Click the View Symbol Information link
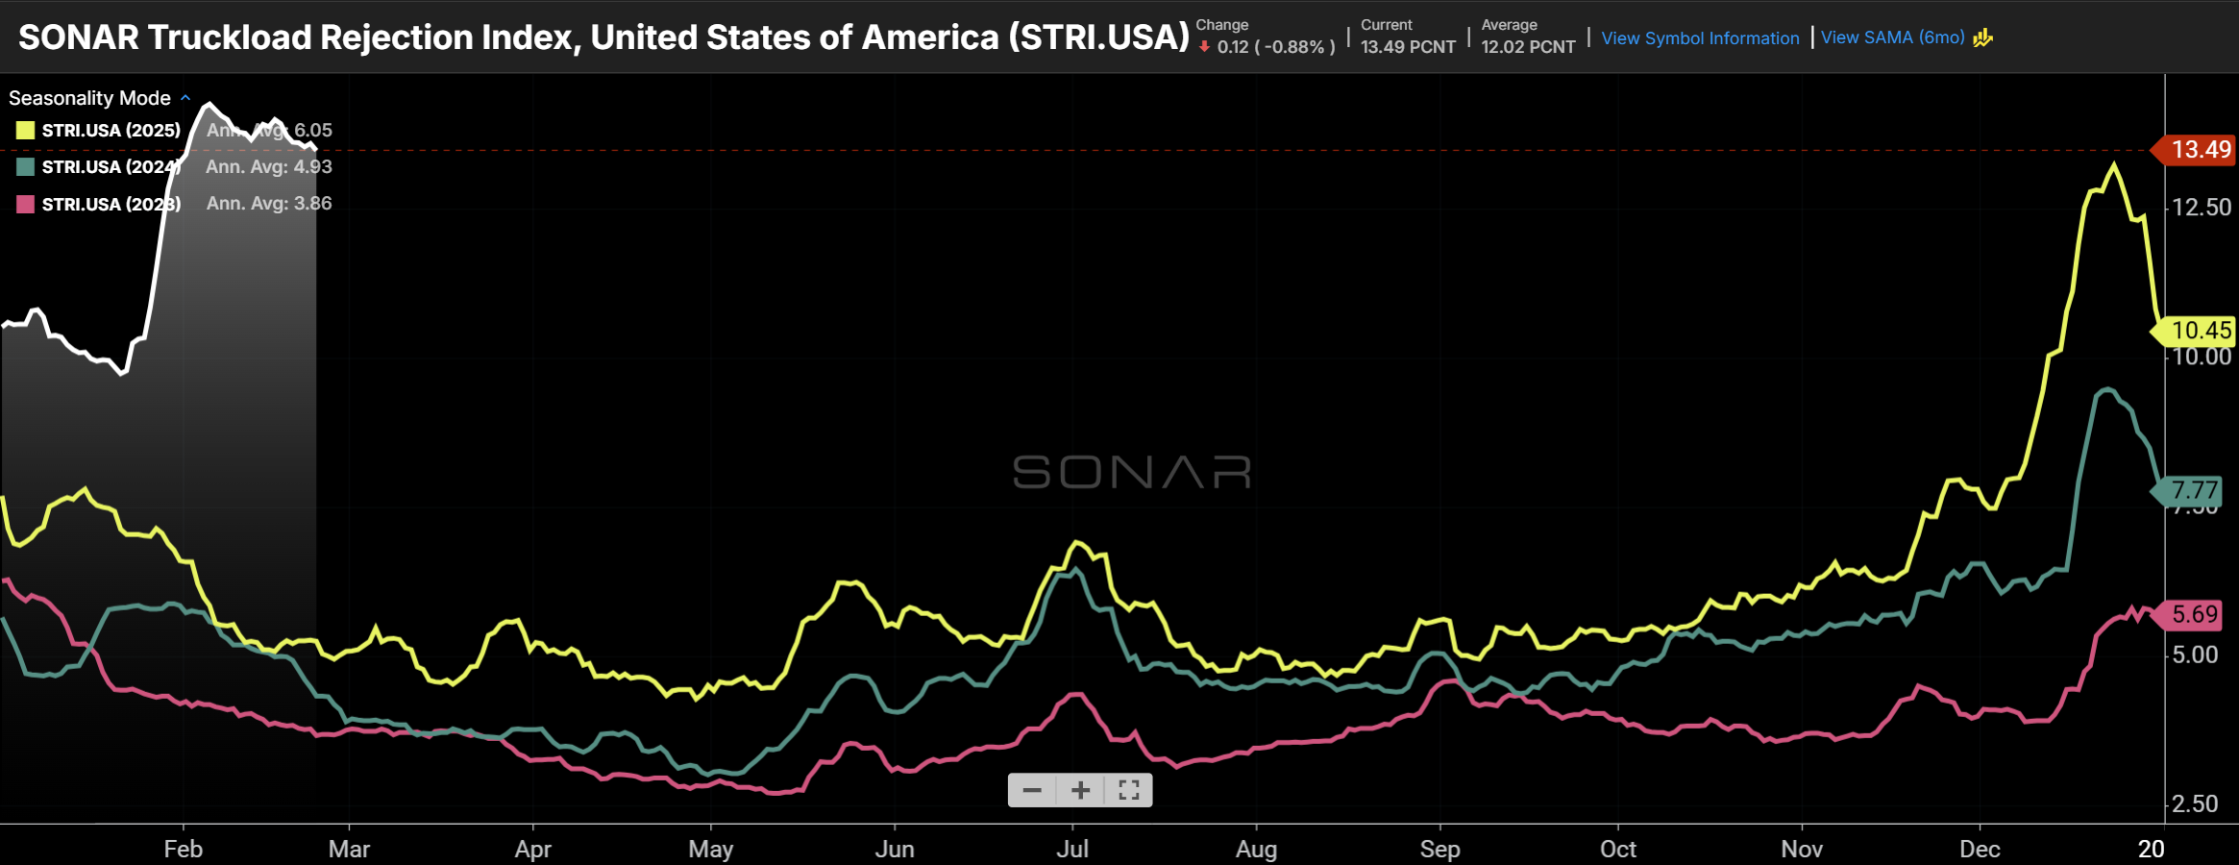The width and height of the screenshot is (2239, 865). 1699,38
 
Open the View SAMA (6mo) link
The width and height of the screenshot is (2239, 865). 1892,37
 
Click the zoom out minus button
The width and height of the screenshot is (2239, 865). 1032,790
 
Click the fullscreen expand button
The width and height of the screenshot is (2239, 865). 1129,790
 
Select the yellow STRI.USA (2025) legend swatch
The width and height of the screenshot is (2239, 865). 26,131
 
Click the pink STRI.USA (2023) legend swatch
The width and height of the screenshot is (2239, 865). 26,204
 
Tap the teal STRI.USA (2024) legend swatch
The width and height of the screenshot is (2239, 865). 26,167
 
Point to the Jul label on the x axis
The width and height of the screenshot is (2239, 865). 1072,850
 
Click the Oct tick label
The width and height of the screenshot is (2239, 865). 1618,850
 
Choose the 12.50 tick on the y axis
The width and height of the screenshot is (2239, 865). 2202,208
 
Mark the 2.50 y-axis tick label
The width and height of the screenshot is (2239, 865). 2195,803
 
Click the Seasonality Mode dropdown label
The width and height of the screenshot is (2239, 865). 90,98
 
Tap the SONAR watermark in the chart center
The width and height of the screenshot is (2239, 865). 1131,472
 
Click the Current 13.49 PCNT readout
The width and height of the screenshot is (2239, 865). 1408,46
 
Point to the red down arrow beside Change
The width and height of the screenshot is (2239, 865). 1204,46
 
